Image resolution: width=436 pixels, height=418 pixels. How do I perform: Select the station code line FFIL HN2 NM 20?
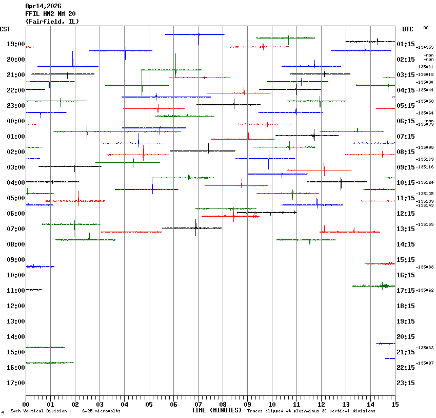point(50,14)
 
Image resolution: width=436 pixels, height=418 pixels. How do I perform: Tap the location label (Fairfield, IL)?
point(52,22)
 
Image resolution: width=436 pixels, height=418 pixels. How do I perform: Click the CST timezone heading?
point(6,29)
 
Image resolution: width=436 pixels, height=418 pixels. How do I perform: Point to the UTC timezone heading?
point(408,29)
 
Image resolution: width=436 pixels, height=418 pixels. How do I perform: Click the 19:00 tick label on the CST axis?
point(16,44)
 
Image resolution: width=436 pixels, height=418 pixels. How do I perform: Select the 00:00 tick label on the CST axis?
point(16,121)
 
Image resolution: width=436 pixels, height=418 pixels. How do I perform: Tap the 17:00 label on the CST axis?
point(16,383)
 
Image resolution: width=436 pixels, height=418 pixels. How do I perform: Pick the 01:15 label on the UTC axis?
point(406,44)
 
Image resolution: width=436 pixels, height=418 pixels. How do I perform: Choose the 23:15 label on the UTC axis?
point(406,383)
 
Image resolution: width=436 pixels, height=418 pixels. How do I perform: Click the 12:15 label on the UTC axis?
point(406,214)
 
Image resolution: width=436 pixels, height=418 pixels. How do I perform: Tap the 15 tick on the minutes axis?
point(395,404)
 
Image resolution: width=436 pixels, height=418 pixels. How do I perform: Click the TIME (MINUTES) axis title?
point(216,410)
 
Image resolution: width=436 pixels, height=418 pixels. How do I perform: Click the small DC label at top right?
point(426,28)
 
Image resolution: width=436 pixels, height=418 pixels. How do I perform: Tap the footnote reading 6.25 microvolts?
point(101,411)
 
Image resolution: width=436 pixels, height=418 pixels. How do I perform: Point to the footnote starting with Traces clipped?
point(311,411)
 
